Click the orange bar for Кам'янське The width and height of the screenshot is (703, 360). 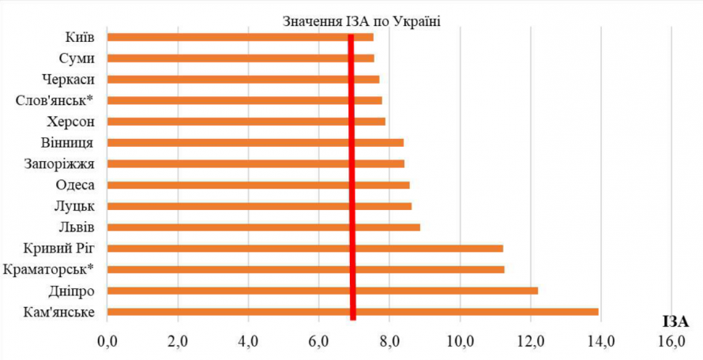352,312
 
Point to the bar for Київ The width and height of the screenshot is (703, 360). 240,36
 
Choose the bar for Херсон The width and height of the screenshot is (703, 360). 246,122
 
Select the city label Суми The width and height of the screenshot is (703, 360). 77,58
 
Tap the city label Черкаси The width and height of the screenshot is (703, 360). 69,79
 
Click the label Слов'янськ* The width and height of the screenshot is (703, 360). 55,100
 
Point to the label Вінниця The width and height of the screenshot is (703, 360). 68,143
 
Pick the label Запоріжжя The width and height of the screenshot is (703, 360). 61,164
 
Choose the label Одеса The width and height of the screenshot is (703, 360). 76,185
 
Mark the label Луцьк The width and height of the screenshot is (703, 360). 76,206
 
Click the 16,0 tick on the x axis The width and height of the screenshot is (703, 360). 671,342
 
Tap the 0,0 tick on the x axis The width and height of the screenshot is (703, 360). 107,342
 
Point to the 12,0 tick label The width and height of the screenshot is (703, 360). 531,342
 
